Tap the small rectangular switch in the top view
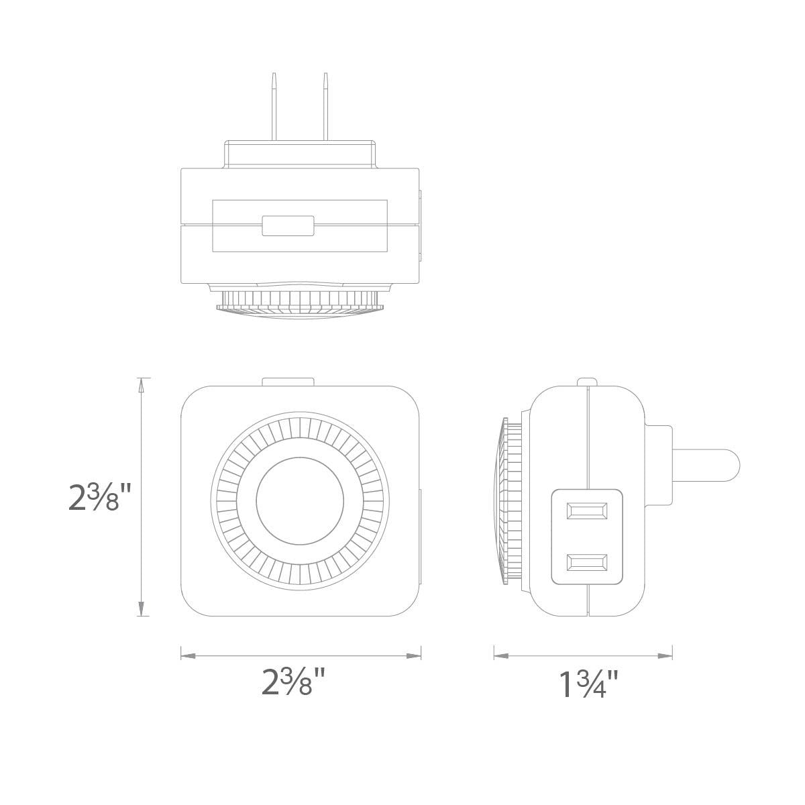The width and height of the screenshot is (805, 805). (x=288, y=226)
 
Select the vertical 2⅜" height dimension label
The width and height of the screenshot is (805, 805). (x=95, y=497)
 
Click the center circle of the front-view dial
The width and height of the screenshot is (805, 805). (x=300, y=499)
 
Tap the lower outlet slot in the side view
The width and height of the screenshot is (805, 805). (x=587, y=562)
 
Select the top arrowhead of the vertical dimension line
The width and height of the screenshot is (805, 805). (x=140, y=384)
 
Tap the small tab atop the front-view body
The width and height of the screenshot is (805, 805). (x=288, y=382)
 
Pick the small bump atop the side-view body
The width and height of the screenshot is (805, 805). (x=587, y=382)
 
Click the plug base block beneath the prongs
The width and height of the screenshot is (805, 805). (x=300, y=154)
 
